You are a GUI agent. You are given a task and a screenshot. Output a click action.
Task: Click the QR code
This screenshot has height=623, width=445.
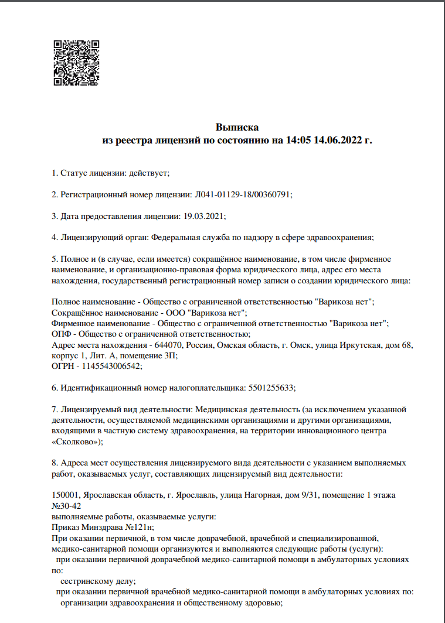(x=76, y=63)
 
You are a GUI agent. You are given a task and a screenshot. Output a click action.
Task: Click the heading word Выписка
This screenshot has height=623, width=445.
(x=237, y=127)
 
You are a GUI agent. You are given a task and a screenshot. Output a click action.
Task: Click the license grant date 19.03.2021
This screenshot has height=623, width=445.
(x=203, y=216)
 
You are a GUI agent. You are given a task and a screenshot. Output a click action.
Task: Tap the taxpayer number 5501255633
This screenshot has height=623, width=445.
(x=269, y=388)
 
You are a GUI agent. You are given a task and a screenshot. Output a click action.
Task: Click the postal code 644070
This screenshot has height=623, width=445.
(x=174, y=345)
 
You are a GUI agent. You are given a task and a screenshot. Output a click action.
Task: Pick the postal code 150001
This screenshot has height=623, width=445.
(x=65, y=495)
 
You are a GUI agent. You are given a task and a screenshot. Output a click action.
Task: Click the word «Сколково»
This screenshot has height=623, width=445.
(x=76, y=441)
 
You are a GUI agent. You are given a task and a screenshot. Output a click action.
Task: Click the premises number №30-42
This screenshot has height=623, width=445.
(x=67, y=506)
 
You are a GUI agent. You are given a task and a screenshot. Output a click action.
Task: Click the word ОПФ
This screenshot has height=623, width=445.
(x=61, y=334)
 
